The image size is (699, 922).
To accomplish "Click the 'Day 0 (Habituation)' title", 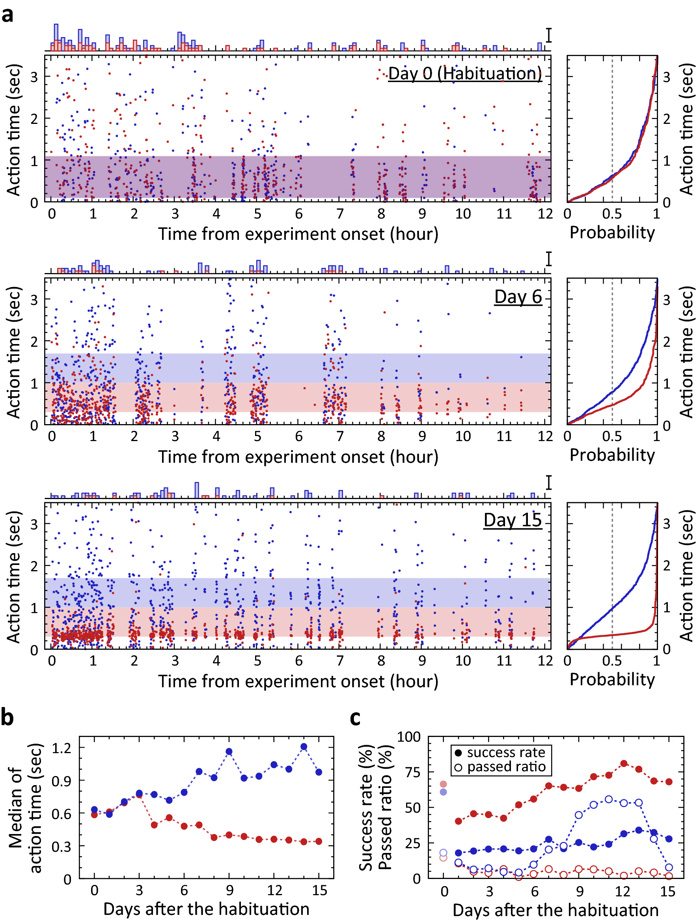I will (x=464, y=73).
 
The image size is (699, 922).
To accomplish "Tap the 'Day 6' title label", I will (x=518, y=297).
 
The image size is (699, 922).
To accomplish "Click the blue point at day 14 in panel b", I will (x=304, y=746).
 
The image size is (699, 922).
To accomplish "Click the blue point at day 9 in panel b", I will (x=229, y=752).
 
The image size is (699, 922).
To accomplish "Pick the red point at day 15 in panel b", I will (x=319, y=841).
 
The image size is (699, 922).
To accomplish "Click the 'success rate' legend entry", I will (x=506, y=752).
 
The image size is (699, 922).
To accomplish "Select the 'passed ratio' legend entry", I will (x=506, y=767).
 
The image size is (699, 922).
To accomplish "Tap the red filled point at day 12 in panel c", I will (x=624, y=764).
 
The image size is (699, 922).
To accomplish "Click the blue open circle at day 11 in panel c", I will (x=609, y=799).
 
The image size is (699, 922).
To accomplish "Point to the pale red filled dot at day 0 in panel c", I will (x=443, y=784).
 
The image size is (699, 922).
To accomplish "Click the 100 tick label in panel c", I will (x=409, y=737).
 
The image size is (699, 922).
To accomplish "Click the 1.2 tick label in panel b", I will (x=61, y=748).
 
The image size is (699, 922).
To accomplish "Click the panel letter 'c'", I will (x=355, y=718).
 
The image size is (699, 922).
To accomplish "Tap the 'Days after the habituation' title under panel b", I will (x=206, y=909).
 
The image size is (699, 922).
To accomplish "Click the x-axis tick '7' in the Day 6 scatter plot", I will (x=340, y=436).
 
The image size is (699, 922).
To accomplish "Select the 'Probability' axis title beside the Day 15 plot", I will (x=612, y=679).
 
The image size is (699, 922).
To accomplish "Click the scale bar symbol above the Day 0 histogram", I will (x=549, y=36).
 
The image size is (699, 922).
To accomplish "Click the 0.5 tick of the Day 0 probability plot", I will (x=611, y=214).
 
